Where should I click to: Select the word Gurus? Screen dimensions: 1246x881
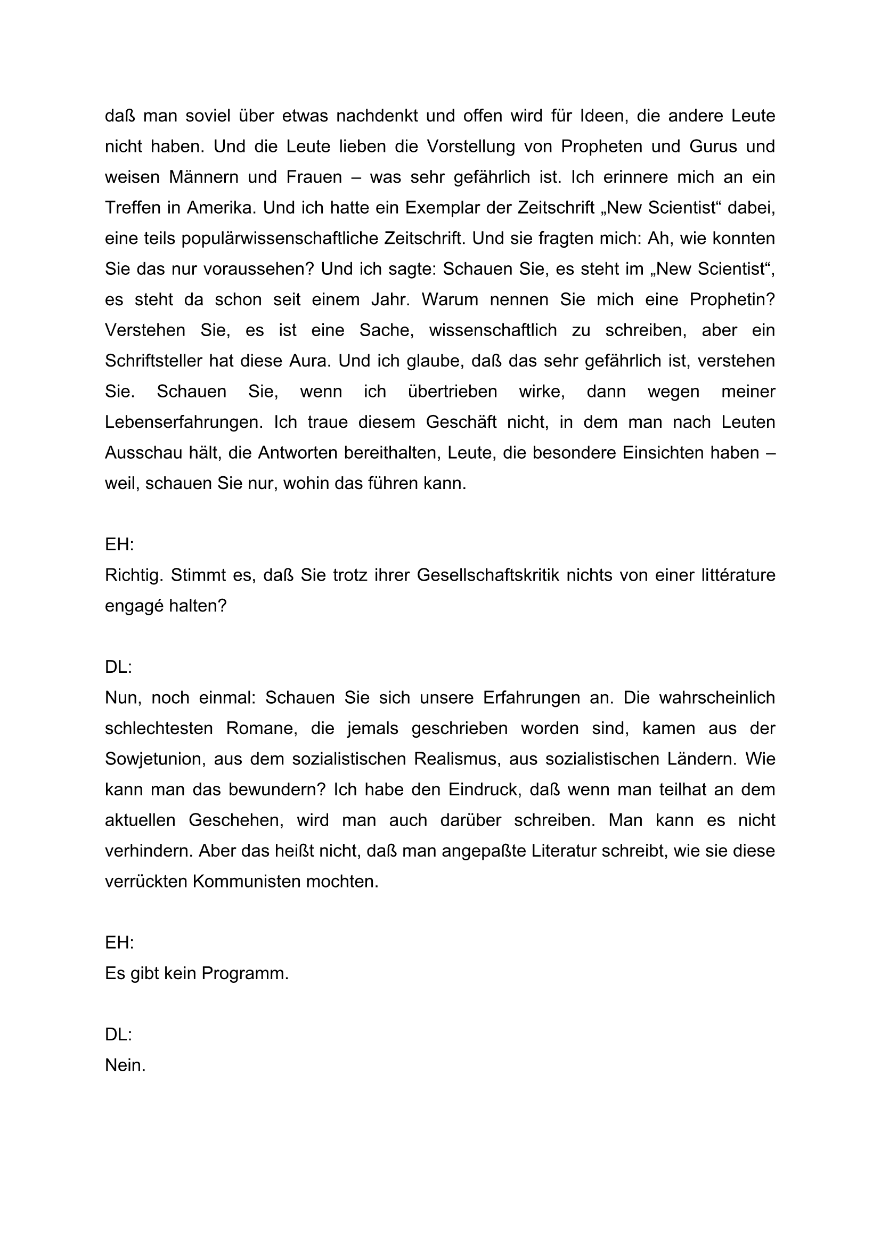(x=713, y=146)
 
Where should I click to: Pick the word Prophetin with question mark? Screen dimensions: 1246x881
(x=732, y=299)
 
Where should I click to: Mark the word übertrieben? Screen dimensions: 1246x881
(x=452, y=392)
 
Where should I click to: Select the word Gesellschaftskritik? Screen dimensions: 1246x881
(x=488, y=575)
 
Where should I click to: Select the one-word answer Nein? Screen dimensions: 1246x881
(x=125, y=1065)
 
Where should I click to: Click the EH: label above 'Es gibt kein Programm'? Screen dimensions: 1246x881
(x=119, y=943)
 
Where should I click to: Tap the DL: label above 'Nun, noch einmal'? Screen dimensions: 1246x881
(x=119, y=667)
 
